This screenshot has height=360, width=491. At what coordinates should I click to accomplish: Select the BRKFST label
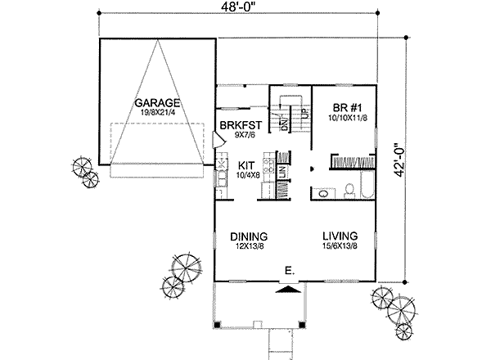[240, 125]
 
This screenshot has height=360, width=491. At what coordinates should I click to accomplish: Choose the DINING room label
[249, 235]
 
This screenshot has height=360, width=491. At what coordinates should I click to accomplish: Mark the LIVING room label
[337, 235]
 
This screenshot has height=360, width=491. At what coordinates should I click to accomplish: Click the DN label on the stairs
[285, 124]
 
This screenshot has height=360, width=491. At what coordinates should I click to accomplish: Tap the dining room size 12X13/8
[249, 245]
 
